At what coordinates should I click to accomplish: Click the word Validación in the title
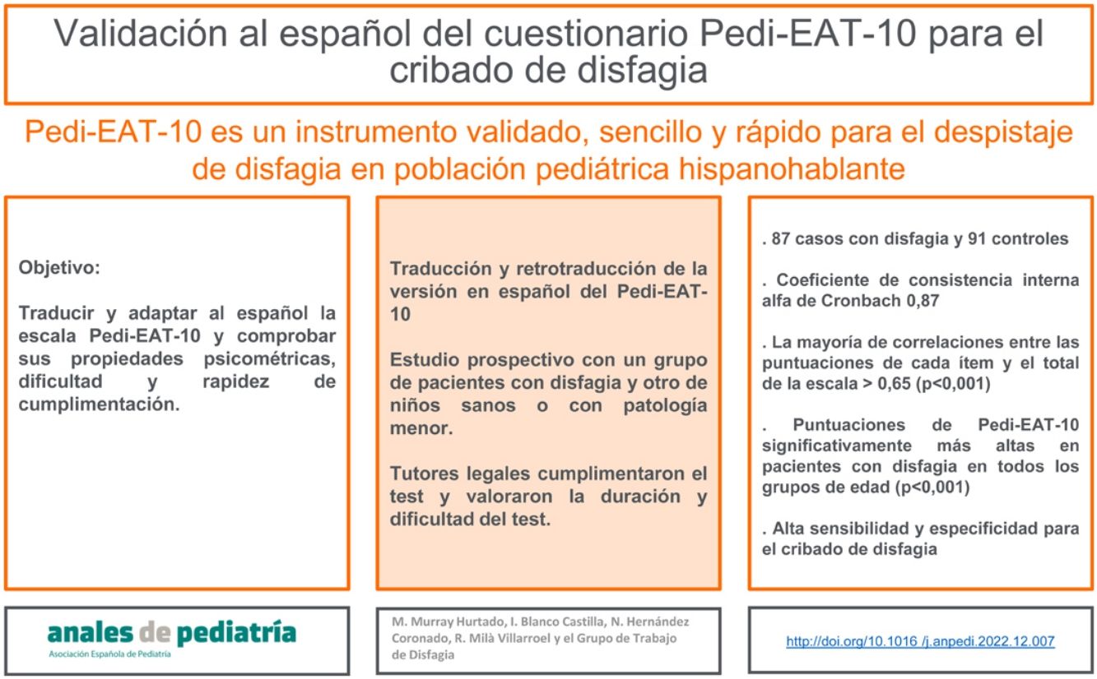click(141, 33)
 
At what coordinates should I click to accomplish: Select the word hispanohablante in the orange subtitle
click(792, 169)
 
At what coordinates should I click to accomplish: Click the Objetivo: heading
click(59, 268)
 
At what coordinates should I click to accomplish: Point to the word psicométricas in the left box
click(270, 359)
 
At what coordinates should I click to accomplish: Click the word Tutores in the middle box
click(425, 473)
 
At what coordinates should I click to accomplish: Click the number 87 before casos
click(781, 238)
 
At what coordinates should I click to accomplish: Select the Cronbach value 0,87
click(923, 300)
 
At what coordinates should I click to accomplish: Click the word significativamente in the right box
click(837, 446)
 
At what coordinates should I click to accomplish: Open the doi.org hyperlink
click(920, 641)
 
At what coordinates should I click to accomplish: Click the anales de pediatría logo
click(172, 639)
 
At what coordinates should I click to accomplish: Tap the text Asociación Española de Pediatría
click(109, 654)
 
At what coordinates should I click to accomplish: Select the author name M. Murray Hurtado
click(449, 621)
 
